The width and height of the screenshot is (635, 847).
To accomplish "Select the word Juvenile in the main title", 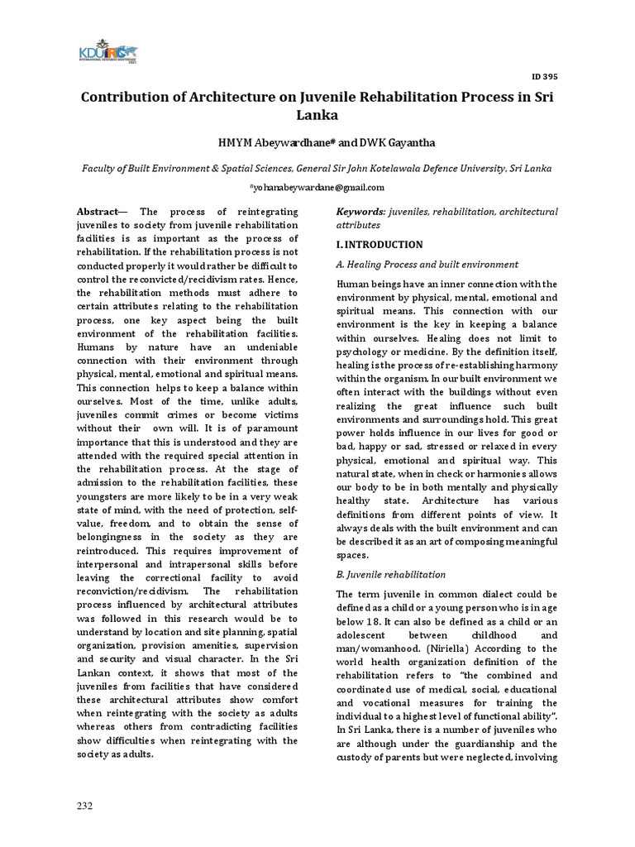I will pyautogui.click(x=318, y=98).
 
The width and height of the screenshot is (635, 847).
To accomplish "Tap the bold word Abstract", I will pyautogui.click(x=98, y=212).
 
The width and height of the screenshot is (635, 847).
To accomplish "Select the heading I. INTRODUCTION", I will pyautogui.click(x=379, y=245).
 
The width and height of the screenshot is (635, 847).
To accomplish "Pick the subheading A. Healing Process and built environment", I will pyautogui.click(x=427, y=265).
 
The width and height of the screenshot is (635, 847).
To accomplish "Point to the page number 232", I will pyautogui.click(x=84, y=806).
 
